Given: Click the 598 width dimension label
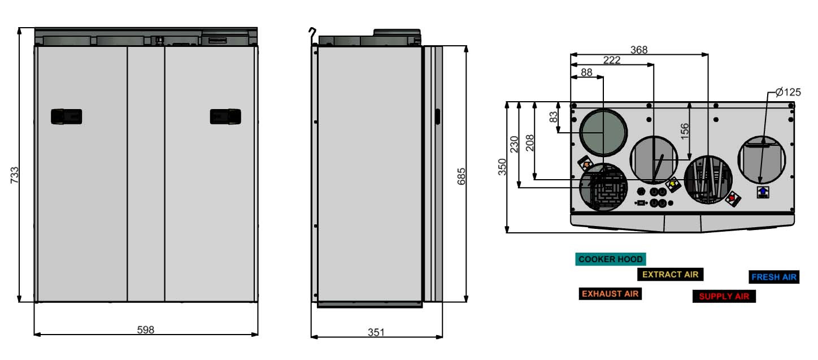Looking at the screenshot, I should click(x=146, y=329).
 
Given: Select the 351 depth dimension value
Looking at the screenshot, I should click(x=376, y=332).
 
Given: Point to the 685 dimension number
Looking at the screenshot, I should click(x=462, y=176).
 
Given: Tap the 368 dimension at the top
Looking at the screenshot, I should click(x=639, y=50).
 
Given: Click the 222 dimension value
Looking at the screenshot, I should click(x=612, y=60).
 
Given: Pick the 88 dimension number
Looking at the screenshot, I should click(x=587, y=72).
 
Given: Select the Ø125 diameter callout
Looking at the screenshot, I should click(x=787, y=92).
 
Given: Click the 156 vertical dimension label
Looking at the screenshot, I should click(x=684, y=131).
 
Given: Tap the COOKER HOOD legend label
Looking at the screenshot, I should click(x=610, y=259).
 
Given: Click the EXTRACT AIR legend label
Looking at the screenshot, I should click(x=670, y=275).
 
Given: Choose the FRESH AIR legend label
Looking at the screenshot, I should click(x=773, y=277).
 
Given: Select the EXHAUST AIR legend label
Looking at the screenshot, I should click(x=610, y=294).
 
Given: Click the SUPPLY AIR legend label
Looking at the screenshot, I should click(x=724, y=296).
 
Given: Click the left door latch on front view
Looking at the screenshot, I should click(x=67, y=116).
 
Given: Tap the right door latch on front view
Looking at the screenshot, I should click(x=226, y=116).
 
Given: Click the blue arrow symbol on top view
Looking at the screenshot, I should click(x=762, y=192).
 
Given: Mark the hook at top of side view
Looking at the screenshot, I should click(x=311, y=32).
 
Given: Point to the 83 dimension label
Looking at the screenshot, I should click(x=554, y=117).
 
